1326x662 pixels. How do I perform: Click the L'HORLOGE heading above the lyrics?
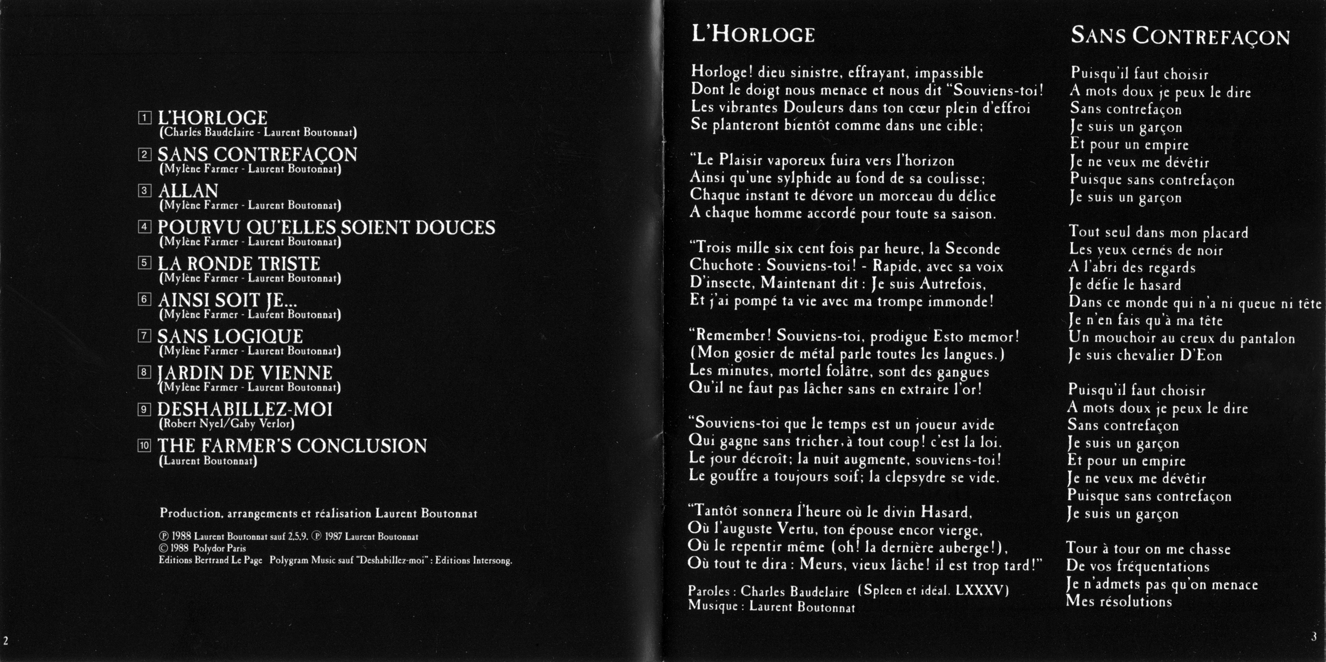[753, 34]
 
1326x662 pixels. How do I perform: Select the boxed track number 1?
[144, 118]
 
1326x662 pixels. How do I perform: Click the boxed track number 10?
[144, 445]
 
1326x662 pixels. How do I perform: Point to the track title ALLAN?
[188, 191]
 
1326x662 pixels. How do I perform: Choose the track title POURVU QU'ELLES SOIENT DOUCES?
[326, 228]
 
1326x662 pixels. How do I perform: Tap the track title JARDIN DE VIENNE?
[245, 373]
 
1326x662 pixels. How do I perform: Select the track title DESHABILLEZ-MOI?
[245, 409]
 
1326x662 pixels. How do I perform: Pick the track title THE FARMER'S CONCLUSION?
[292, 446]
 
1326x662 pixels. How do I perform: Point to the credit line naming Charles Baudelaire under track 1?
[258, 132]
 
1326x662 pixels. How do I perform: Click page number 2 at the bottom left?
[6, 641]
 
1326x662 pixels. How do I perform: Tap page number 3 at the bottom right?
[1314, 637]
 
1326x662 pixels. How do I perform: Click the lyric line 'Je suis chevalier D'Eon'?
[1145, 356]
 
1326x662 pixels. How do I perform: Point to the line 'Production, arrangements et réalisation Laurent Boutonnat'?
[318, 514]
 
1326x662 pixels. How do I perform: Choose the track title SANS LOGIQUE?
[230, 337]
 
